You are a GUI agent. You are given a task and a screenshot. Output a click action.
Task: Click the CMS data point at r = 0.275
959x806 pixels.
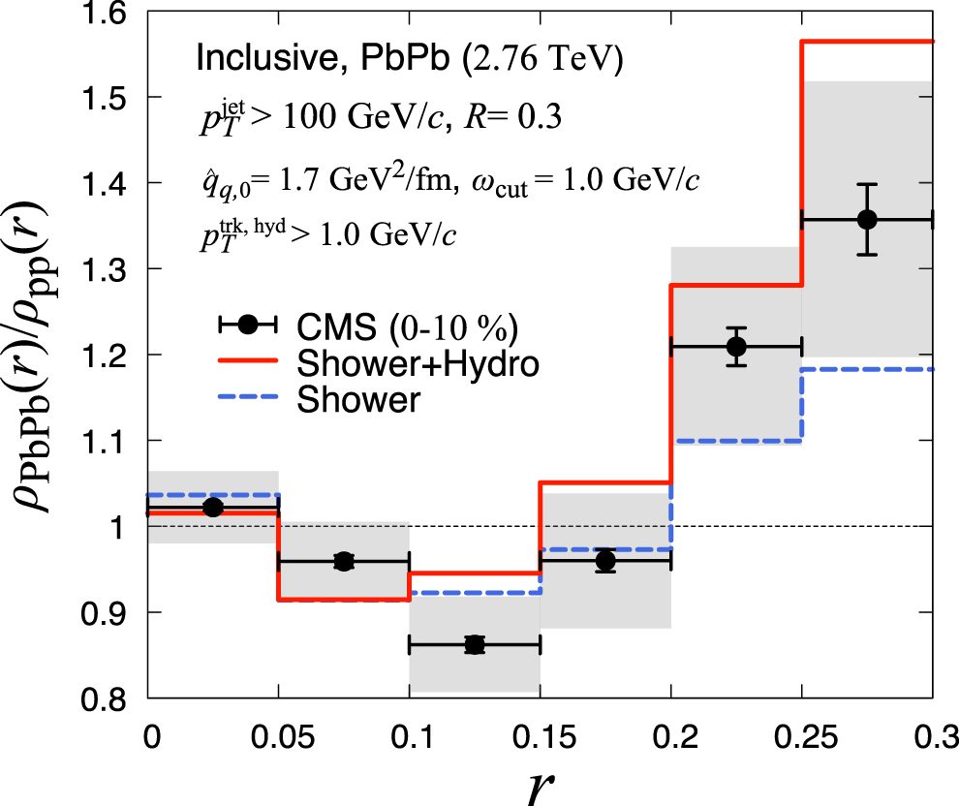click(x=867, y=220)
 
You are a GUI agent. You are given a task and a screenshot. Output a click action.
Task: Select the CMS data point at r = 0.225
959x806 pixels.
click(x=736, y=346)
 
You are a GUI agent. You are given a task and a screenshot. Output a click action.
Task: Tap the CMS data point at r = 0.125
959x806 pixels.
click(x=475, y=644)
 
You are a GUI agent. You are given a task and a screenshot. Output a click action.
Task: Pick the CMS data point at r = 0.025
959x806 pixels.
click(x=213, y=507)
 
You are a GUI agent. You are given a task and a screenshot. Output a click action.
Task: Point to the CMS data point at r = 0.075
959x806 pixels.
click(x=344, y=561)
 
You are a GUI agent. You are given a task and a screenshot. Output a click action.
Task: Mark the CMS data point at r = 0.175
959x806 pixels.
click(x=605, y=560)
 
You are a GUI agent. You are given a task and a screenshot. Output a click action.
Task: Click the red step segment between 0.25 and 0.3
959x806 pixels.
click(x=867, y=42)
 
